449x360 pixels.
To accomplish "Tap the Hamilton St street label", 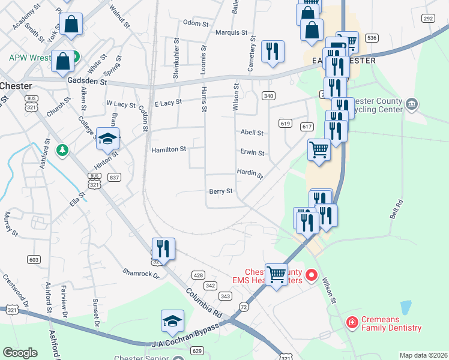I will pyautogui.click(x=169, y=149).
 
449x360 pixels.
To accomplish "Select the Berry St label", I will pyautogui.click(x=220, y=191).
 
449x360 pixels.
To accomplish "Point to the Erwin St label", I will pyautogui.click(x=252, y=153).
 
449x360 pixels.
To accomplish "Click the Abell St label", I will pyautogui.click(x=252, y=133).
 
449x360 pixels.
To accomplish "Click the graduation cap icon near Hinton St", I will pyautogui.click(x=107, y=139).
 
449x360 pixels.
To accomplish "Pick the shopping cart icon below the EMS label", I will pyautogui.click(x=276, y=275).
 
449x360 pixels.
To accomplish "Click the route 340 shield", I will pyautogui.click(x=268, y=95).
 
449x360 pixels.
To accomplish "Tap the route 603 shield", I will pyautogui.click(x=34, y=259).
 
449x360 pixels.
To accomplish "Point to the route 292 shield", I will pyautogui.click(x=427, y=19).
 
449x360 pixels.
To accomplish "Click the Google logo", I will pyautogui.click(x=20, y=353).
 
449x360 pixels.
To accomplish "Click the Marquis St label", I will pyautogui.click(x=231, y=32).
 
